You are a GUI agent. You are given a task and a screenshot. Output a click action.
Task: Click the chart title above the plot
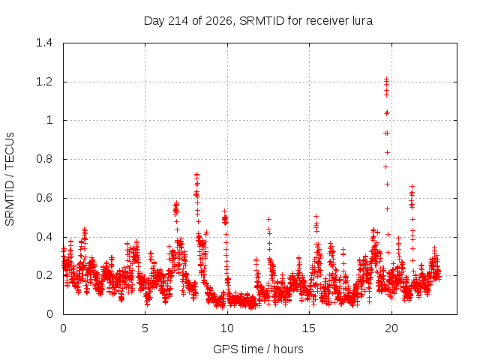[258, 21]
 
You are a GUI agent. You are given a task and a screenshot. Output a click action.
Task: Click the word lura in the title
[362, 21]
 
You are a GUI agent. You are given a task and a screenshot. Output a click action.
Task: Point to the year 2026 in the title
[219, 21]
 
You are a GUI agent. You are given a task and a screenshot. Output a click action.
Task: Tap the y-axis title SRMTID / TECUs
[10, 179]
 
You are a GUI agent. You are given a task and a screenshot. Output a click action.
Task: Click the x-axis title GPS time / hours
[258, 349]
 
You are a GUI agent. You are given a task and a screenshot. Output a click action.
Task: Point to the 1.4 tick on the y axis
[44, 43]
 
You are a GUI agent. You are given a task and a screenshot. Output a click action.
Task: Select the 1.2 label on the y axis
[44, 82]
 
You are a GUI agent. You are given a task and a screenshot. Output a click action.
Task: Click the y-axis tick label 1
[49, 120]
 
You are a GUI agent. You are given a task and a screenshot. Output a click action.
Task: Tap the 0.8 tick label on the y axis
[44, 159]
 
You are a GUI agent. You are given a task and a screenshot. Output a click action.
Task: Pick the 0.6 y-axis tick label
[44, 198]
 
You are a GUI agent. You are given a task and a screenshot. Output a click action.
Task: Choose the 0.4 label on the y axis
[44, 237]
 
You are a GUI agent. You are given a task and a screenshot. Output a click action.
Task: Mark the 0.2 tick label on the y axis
[44, 275]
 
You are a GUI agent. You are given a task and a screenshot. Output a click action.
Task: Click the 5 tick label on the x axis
[145, 328]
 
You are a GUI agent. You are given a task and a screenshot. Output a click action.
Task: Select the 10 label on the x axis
[227, 328]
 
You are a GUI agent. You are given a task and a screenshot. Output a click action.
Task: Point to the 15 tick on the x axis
[309, 328]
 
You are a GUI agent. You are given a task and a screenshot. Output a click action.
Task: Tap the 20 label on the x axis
[391, 328]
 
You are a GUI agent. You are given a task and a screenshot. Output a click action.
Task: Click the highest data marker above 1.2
[387, 79]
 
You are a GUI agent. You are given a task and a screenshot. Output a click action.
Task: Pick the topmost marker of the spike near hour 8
[196, 175]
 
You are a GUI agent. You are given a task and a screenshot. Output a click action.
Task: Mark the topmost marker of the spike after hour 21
[412, 186]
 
